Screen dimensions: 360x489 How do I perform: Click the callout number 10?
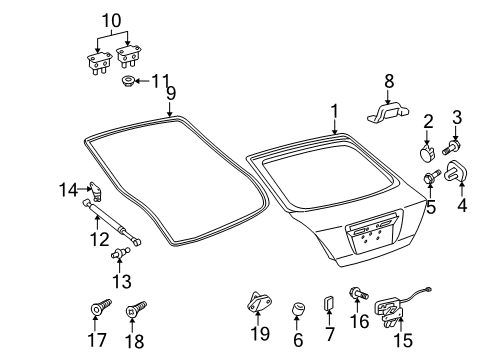pos(110,19)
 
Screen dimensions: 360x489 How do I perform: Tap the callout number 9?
pos(170,93)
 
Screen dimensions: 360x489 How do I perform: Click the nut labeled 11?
pos(129,80)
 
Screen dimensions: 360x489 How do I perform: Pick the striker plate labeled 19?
pos(259,301)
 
